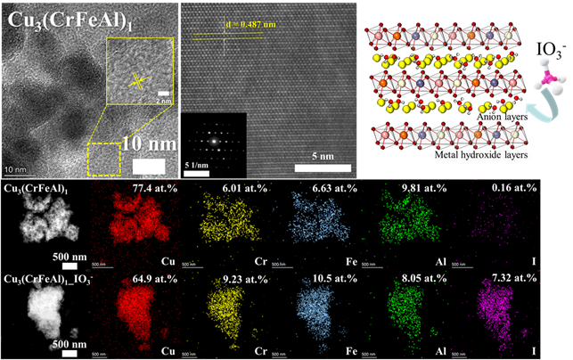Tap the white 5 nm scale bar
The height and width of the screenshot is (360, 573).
coord(323,167)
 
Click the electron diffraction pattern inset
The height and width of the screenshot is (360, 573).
coord(211,140)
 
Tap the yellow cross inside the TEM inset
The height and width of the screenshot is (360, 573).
coord(138,81)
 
